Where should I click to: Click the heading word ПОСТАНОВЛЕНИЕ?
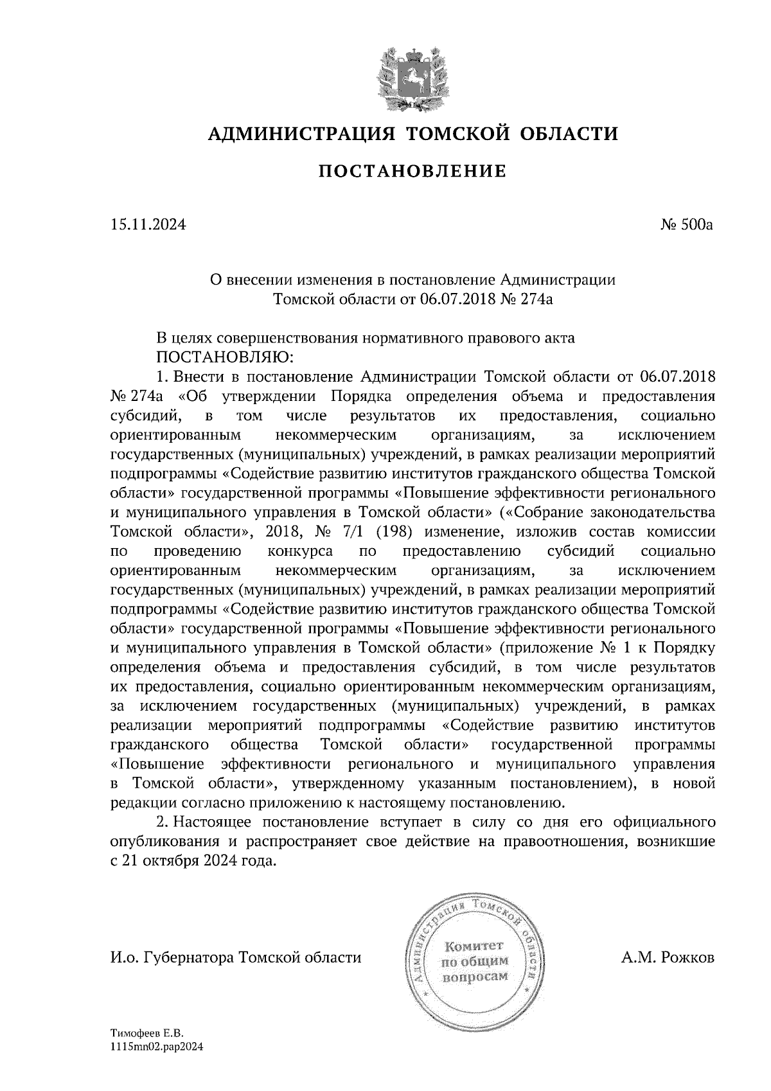tap(413, 171)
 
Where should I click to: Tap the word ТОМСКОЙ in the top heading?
tap(454, 134)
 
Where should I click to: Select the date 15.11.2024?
tap(148, 226)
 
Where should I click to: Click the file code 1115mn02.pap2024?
tap(157, 1047)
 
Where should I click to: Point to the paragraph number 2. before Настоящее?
tap(163, 822)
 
